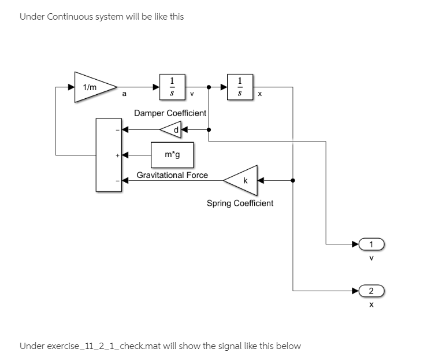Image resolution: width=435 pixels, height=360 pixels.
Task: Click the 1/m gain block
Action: [92, 87]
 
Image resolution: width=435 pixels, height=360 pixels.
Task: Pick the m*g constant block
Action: [172, 155]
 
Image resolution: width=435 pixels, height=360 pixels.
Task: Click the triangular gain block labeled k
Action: [241, 180]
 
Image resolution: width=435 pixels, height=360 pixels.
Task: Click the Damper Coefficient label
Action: [170, 113]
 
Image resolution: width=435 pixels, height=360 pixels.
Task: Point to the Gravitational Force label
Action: [172, 175]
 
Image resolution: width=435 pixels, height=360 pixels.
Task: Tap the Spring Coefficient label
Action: [240, 203]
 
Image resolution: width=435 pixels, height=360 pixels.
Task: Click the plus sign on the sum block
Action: [116, 155]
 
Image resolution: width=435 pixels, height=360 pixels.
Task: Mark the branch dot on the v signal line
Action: [209, 88]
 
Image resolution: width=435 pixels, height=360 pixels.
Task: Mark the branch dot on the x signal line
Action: [293, 180]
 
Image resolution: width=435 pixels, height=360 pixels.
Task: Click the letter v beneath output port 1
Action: [371, 258]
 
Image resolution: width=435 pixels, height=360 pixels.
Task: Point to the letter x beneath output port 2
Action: [371, 303]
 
